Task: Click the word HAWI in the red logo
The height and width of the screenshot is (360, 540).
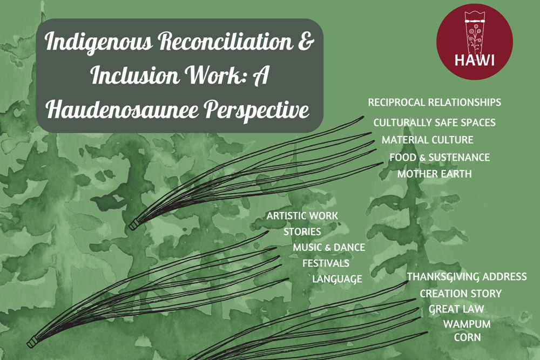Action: pos(474,60)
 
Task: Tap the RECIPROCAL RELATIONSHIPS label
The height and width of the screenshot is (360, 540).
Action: pos(434,102)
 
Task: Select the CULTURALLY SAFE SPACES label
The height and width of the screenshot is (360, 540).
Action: pos(434,123)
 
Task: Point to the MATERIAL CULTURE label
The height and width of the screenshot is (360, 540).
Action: pos(427,140)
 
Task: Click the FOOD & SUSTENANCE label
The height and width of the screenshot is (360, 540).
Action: pos(440,157)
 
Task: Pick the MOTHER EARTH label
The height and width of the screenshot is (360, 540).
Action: pos(435,174)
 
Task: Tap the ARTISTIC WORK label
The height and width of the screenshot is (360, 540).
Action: pos(302,216)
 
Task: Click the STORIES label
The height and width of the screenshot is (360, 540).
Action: pos(302,232)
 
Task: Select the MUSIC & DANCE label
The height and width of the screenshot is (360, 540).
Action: pos(329,247)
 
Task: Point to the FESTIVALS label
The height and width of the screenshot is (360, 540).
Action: pos(326,263)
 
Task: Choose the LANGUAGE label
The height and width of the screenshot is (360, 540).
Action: pos(337,279)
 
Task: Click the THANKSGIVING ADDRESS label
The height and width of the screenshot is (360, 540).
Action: pos(467,277)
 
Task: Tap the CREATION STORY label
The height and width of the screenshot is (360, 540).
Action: pos(461,294)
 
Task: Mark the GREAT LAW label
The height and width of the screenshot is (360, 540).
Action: pos(456,309)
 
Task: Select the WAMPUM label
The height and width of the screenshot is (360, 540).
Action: pos(467,324)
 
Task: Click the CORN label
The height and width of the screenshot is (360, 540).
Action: pos(467,337)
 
